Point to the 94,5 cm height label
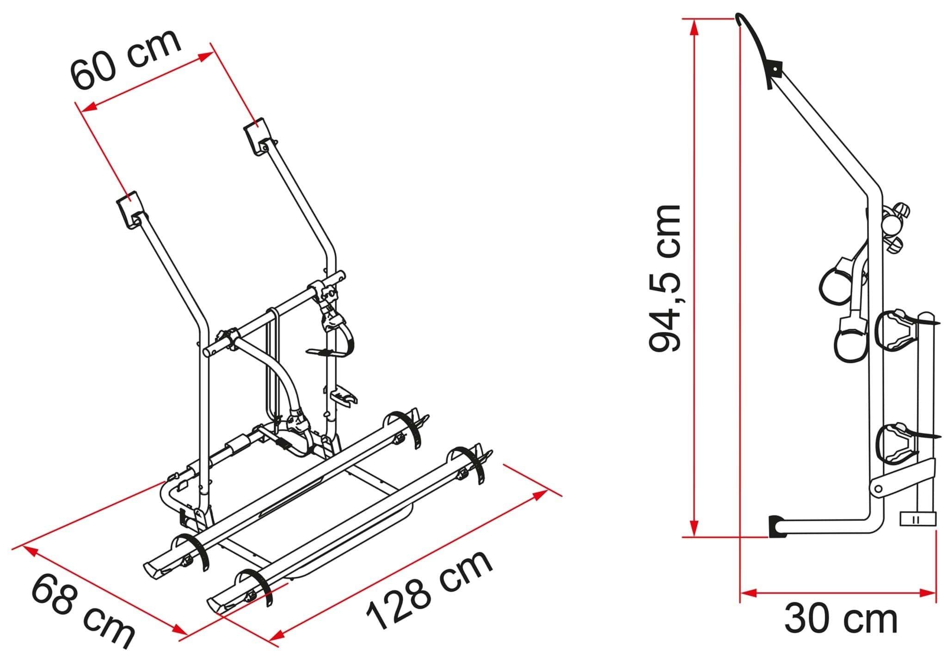[x=664, y=279]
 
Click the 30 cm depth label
[x=841, y=619]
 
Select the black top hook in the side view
[x=757, y=46]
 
